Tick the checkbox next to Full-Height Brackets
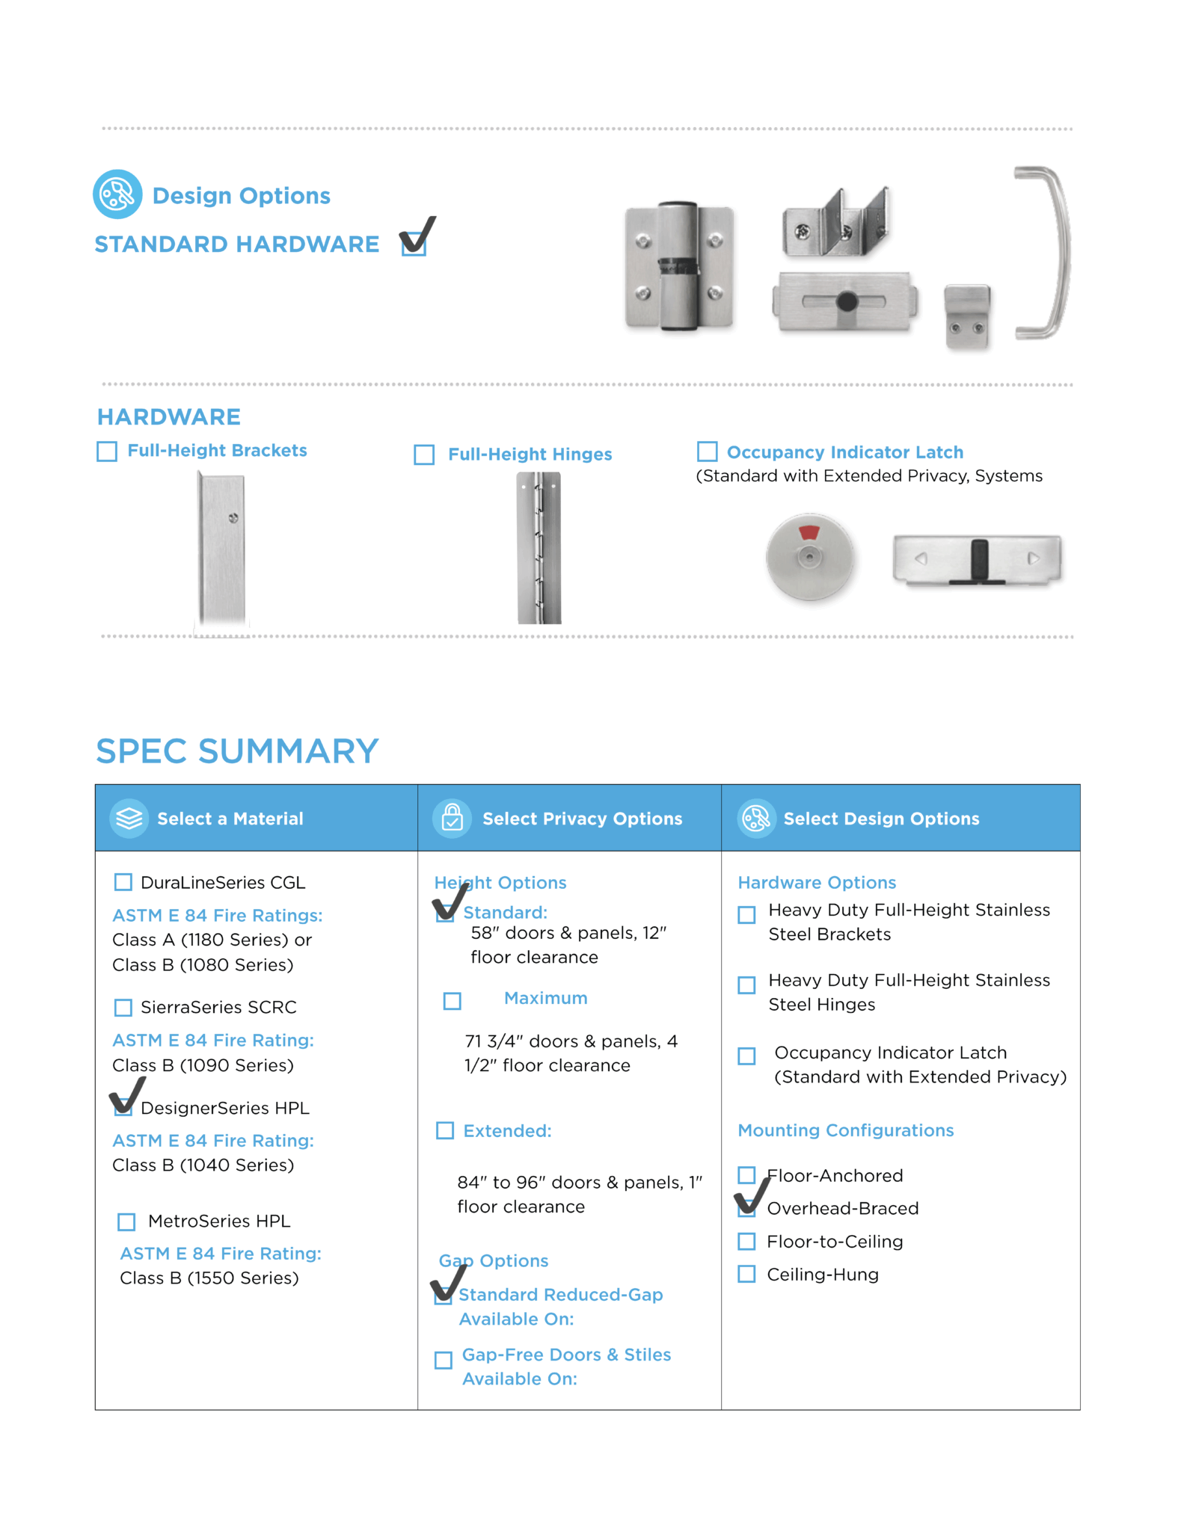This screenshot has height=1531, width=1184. tap(107, 452)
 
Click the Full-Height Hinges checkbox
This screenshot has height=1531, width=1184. tap(424, 455)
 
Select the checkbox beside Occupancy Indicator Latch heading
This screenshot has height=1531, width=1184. tap(707, 452)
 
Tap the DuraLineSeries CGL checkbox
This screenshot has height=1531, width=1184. tap(123, 882)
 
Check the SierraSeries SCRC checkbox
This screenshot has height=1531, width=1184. tap(123, 1007)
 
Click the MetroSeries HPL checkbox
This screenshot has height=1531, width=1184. tap(127, 1222)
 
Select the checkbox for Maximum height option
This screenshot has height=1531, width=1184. tap(453, 1000)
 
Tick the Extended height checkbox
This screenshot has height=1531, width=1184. tap(445, 1130)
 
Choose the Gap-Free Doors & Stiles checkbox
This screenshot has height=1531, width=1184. tap(444, 1360)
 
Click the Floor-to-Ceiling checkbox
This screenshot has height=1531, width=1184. tap(746, 1242)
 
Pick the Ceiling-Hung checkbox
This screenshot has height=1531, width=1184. tap(746, 1274)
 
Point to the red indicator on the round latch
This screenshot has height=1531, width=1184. tap(809, 533)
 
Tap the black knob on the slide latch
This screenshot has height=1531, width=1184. tap(847, 302)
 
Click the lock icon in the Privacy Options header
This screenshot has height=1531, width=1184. tap(453, 818)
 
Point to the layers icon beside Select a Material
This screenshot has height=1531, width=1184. tap(129, 818)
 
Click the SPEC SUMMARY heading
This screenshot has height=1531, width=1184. tap(237, 751)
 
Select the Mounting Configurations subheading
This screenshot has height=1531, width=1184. tap(845, 1130)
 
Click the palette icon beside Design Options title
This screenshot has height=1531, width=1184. tap(117, 194)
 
